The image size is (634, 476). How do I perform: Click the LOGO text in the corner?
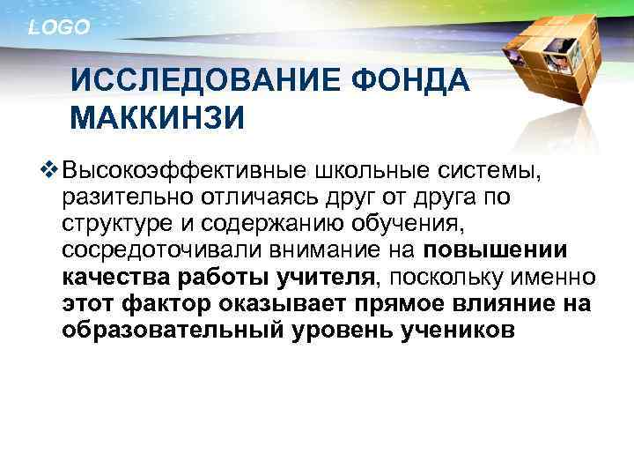click(59, 28)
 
